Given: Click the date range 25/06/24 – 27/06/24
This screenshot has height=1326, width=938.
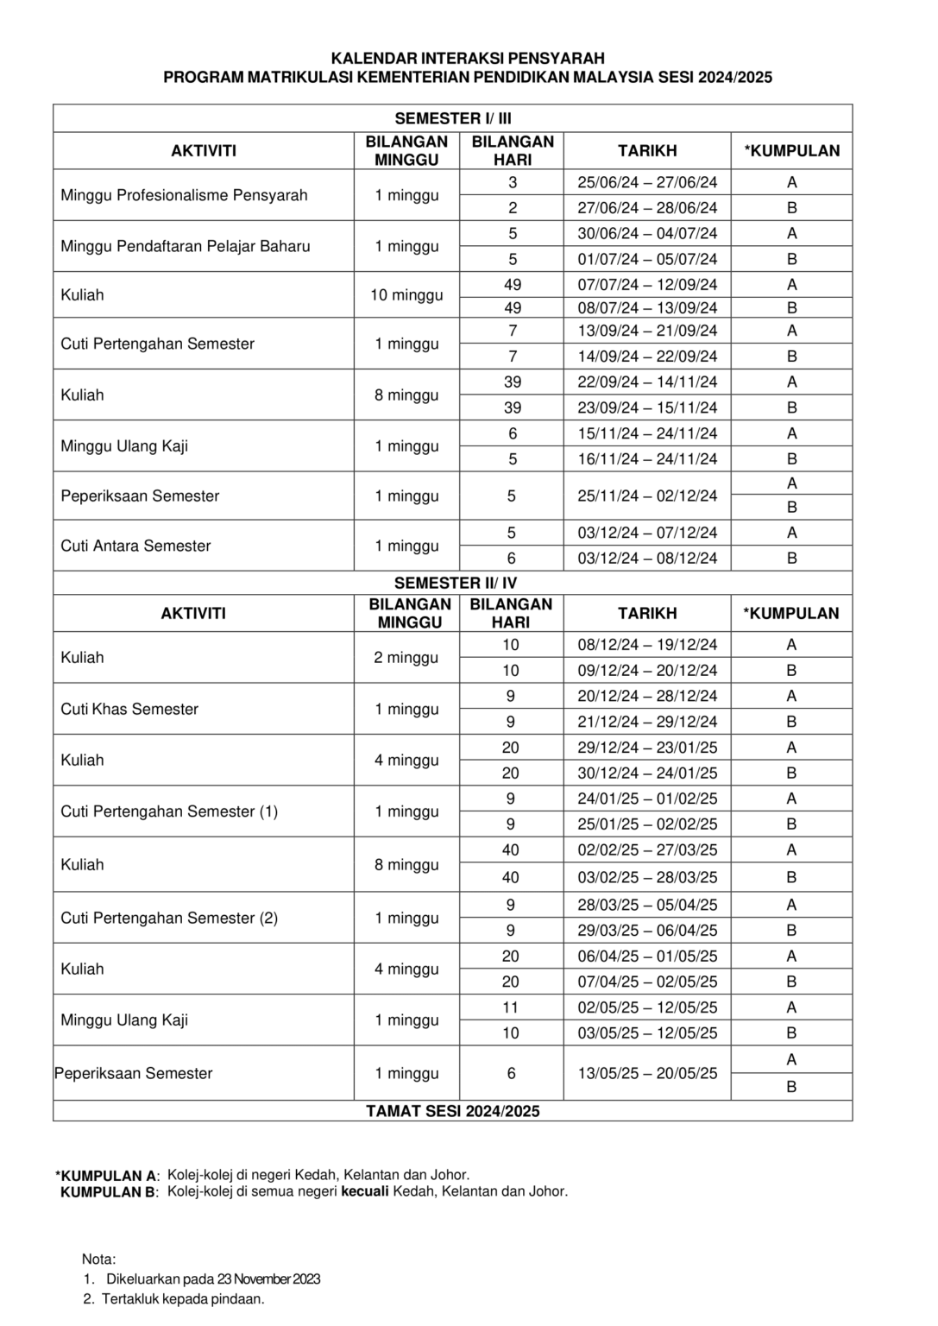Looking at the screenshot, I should (x=647, y=182).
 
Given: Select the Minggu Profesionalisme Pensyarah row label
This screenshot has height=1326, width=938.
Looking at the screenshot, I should (x=184, y=195).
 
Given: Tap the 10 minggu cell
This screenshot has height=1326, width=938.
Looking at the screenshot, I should (x=406, y=295).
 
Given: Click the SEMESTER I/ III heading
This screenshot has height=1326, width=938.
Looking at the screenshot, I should (x=452, y=118).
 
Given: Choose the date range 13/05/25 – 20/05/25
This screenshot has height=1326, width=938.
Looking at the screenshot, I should (x=647, y=1073).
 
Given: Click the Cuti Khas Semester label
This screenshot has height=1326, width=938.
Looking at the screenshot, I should (x=129, y=709).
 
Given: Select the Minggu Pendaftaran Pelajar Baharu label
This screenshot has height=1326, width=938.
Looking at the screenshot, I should (x=185, y=246).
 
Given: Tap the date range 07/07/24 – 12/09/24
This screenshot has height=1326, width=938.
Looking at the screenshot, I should (x=647, y=285).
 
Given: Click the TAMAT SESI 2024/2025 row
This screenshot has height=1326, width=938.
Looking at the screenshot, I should (x=452, y=1111).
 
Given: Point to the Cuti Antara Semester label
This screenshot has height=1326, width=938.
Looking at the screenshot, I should (x=135, y=546).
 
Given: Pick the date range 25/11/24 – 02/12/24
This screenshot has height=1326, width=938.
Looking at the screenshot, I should (x=647, y=496).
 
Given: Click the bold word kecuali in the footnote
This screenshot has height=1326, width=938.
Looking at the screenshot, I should (x=365, y=1191).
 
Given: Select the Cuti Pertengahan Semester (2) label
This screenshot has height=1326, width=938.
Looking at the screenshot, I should (x=169, y=918).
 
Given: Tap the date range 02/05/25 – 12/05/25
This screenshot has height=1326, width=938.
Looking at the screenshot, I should (x=647, y=1007).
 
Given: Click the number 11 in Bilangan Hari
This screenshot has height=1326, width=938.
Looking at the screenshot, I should (x=511, y=1007).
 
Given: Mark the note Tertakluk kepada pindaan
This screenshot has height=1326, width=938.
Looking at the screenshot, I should (x=183, y=1298).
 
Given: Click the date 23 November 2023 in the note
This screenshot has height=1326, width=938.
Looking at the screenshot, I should (x=268, y=1279).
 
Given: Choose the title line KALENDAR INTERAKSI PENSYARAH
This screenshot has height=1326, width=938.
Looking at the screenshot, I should (x=468, y=59).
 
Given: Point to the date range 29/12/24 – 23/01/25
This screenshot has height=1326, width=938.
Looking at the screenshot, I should (x=647, y=748).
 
